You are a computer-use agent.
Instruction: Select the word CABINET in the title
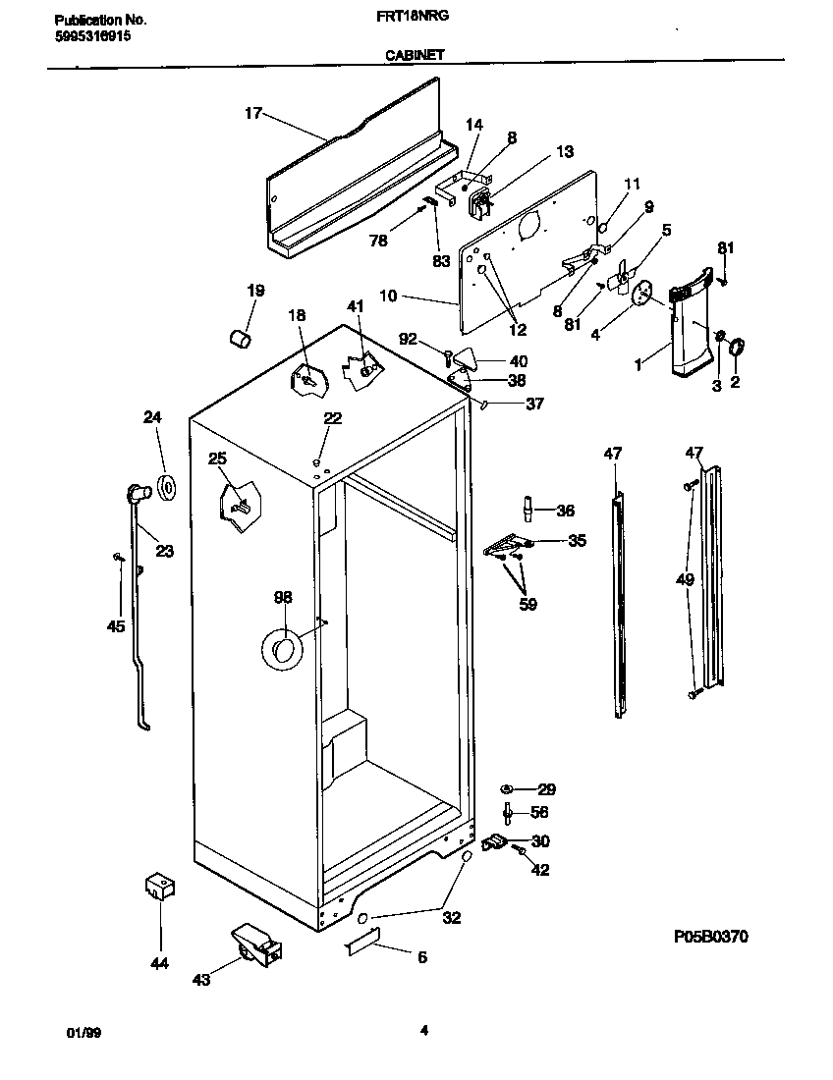[414, 56]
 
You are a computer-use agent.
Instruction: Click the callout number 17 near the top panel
[252, 114]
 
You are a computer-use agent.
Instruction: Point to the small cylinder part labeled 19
[239, 338]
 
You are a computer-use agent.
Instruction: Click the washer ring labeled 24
[166, 485]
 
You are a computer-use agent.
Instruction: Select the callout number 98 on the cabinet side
[282, 597]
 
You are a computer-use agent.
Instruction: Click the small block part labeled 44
[158, 886]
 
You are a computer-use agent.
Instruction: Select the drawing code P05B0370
[710, 937]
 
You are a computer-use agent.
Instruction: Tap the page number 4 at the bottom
[423, 1030]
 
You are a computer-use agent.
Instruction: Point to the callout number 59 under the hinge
[528, 605]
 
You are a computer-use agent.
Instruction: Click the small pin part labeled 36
[528, 509]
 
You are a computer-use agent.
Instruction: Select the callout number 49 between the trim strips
[685, 580]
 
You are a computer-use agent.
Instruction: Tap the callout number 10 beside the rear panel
[386, 296]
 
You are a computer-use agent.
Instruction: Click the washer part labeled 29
[508, 788]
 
